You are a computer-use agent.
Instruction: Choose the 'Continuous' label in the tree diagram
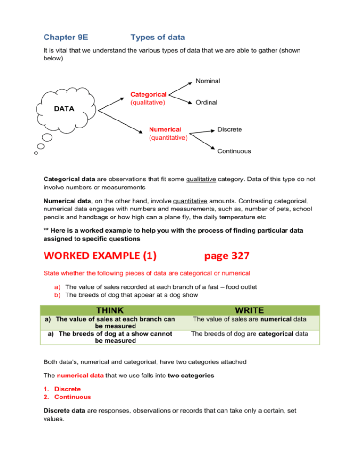click(x=234, y=151)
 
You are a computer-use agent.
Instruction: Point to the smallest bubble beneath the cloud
click(x=36, y=153)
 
